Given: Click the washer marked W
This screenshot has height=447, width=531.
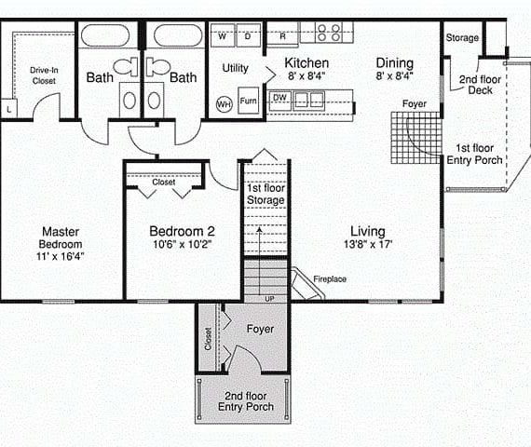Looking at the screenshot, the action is pyautogui.click(x=222, y=35).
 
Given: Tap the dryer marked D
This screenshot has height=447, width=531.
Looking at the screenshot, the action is pyautogui.click(x=248, y=35).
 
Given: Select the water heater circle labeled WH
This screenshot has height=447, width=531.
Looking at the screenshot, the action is pyautogui.click(x=224, y=104).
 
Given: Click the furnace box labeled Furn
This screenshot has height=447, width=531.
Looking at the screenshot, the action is pyautogui.click(x=248, y=101).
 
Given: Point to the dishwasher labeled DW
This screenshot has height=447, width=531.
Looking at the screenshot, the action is pyautogui.click(x=279, y=101).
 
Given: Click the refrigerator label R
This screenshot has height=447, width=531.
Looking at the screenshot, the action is pyautogui.click(x=283, y=36).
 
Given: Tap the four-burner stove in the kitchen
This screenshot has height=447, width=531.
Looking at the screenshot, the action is pyautogui.click(x=328, y=33).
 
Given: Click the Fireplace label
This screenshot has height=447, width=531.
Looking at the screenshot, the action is pyautogui.click(x=330, y=279).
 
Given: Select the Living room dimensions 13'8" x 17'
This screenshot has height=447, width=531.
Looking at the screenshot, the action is pyautogui.click(x=368, y=244).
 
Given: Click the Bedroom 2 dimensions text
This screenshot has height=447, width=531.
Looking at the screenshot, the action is pyautogui.click(x=183, y=244).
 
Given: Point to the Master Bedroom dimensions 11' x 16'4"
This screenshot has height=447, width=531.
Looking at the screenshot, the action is pyautogui.click(x=61, y=256).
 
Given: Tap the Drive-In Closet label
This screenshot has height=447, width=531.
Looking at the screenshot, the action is pyautogui.click(x=44, y=75).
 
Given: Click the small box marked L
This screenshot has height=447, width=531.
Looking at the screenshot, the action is pyautogui.click(x=8, y=109).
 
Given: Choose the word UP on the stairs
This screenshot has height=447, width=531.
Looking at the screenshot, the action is pyautogui.click(x=269, y=299).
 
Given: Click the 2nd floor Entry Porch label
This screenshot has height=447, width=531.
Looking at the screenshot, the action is pyautogui.click(x=246, y=401).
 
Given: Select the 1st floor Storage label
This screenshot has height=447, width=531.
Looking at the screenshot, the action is pyautogui.click(x=265, y=194).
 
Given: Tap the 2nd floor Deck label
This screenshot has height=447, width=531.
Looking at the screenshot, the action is pyautogui.click(x=480, y=85).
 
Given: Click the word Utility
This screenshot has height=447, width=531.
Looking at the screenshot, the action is pyautogui.click(x=236, y=68).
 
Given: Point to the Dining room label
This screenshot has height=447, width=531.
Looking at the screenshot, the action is pyautogui.click(x=395, y=63).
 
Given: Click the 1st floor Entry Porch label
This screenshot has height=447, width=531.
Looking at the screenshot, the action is pyautogui.click(x=474, y=154).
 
